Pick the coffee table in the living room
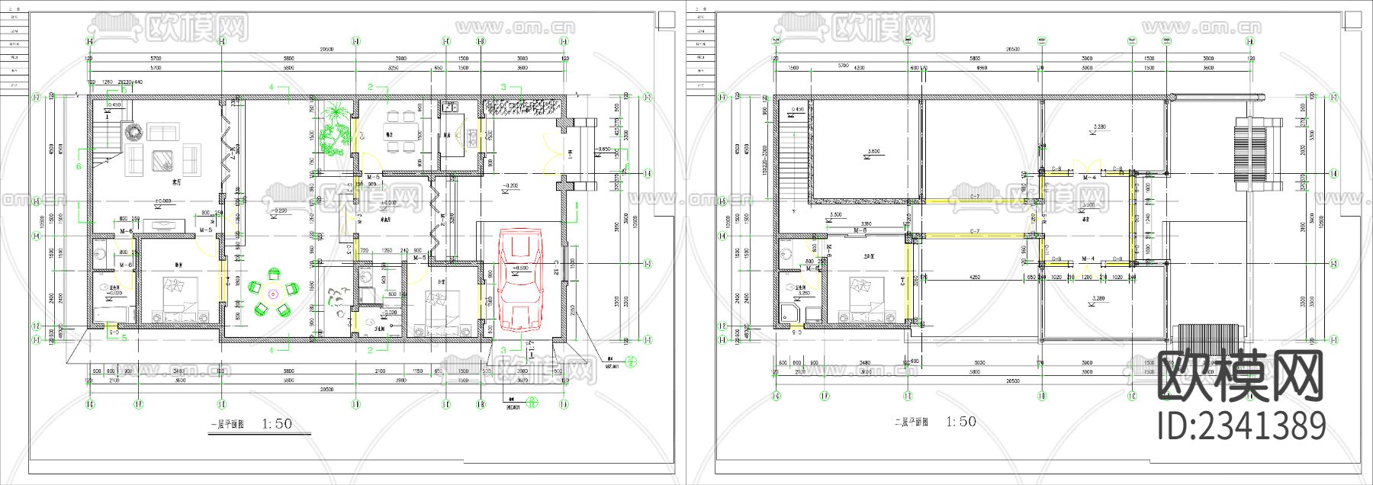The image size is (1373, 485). click(x=162, y=161)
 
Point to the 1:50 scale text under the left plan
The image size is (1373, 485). click(x=277, y=424)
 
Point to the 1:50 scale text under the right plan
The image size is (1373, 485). click(x=960, y=422)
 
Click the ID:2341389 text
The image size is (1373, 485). click(x=1241, y=426)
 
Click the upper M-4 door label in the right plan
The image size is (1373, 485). click(x=1090, y=177)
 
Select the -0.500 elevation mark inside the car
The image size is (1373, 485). click(x=520, y=268)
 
